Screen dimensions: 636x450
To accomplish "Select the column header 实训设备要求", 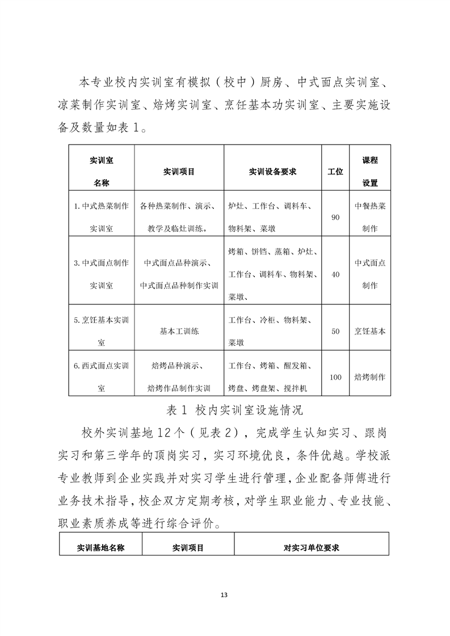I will pos(272,171).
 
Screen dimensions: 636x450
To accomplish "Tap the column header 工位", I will pos(335,171).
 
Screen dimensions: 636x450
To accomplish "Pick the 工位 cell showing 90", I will pos(335,218).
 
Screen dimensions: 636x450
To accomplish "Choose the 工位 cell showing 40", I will pos(335,274).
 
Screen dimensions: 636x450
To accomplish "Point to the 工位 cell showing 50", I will pos(335,332).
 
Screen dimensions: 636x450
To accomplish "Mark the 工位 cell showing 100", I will pos(335,377).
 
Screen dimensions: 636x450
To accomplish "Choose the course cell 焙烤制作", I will pos(370,377).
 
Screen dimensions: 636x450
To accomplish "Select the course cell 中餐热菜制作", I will pos(370,218).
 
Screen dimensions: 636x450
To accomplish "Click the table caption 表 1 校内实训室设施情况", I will pos(224,409).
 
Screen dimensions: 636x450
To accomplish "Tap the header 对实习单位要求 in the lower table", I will pos(311,548).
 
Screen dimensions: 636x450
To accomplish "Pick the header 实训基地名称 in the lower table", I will pos(100,548).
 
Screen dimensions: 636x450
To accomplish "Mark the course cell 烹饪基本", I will pos(370,332).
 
